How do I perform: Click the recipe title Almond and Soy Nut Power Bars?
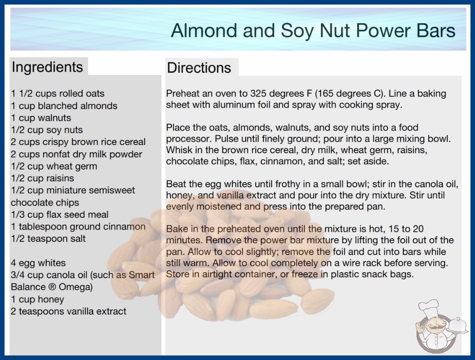313,31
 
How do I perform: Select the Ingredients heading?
47,67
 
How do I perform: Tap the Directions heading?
199,68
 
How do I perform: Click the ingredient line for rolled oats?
58,94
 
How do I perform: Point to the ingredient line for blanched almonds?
64,105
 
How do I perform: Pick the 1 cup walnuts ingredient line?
41,118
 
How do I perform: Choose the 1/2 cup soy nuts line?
47,130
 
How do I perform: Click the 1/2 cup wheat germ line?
54,166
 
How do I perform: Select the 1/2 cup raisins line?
42,178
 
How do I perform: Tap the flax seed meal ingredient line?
59,215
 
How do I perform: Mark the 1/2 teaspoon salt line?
48,239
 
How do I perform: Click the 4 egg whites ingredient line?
38,263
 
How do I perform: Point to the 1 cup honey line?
38,300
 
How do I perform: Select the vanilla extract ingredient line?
69,311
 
